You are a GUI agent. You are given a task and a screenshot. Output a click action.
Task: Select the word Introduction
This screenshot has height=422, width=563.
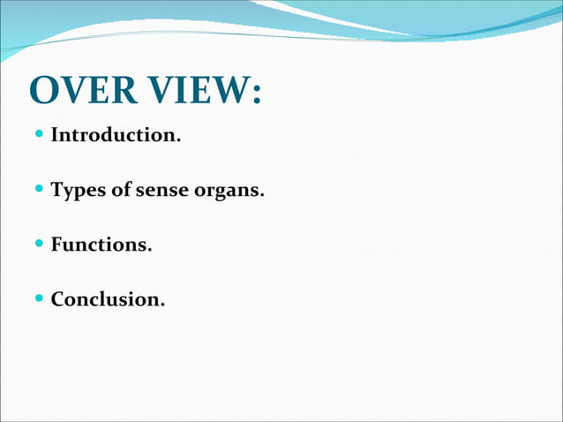(x=110, y=136)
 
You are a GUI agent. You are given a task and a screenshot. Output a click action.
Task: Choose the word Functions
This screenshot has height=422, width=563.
(x=101, y=245)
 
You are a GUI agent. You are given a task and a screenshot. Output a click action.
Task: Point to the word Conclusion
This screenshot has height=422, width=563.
(x=107, y=299)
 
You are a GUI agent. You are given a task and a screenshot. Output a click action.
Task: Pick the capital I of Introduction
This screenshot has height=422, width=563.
(x=56, y=136)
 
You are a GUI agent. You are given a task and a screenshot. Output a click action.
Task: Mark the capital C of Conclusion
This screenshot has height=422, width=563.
(x=58, y=299)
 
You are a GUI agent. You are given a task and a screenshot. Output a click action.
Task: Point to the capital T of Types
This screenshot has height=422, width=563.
(x=57, y=190)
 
